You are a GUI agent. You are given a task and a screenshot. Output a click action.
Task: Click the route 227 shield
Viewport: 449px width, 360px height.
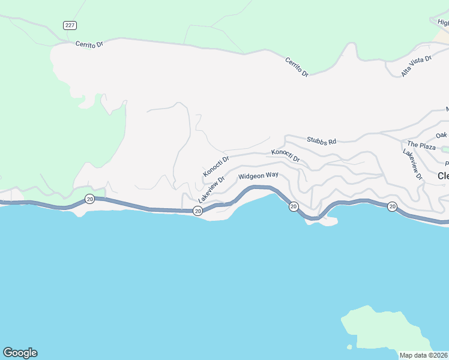tap(70, 25)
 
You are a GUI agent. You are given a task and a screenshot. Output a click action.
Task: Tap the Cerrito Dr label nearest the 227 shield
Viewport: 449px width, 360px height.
tap(90, 44)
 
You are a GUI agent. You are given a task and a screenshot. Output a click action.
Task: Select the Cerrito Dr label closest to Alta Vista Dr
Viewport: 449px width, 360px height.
tap(297, 66)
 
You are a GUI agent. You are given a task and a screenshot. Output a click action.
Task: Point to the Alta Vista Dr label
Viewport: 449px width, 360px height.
tap(417, 66)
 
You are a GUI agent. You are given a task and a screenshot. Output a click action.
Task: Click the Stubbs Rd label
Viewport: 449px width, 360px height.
tap(321, 140)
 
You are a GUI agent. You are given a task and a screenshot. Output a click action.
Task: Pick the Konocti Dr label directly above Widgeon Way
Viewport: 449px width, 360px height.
tap(285, 155)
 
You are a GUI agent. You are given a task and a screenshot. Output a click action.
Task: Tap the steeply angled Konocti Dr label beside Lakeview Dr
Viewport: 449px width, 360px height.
tap(216, 167)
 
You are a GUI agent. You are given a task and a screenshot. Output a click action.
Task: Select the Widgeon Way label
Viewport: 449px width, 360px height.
tap(258, 176)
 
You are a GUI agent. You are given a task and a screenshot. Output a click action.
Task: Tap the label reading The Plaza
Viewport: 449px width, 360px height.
tap(421, 145)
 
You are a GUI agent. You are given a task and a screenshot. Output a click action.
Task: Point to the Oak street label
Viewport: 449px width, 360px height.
tap(442, 135)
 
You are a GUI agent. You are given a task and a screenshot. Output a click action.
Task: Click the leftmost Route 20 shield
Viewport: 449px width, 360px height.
tap(89, 199)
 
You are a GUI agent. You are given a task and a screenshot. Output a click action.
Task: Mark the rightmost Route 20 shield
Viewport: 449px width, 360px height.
tap(392, 206)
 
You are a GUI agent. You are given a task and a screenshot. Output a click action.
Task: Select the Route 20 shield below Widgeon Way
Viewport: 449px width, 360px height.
tap(294, 206)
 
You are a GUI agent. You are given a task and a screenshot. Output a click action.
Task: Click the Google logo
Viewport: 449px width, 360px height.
tap(20, 353)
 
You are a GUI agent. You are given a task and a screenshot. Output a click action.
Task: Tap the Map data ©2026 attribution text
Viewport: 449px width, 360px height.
tap(424, 355)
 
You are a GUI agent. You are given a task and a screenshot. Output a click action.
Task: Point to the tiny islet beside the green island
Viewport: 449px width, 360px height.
tap(349, 347)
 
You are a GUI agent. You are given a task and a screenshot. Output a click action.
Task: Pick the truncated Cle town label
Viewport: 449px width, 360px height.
tap(443, 176)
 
